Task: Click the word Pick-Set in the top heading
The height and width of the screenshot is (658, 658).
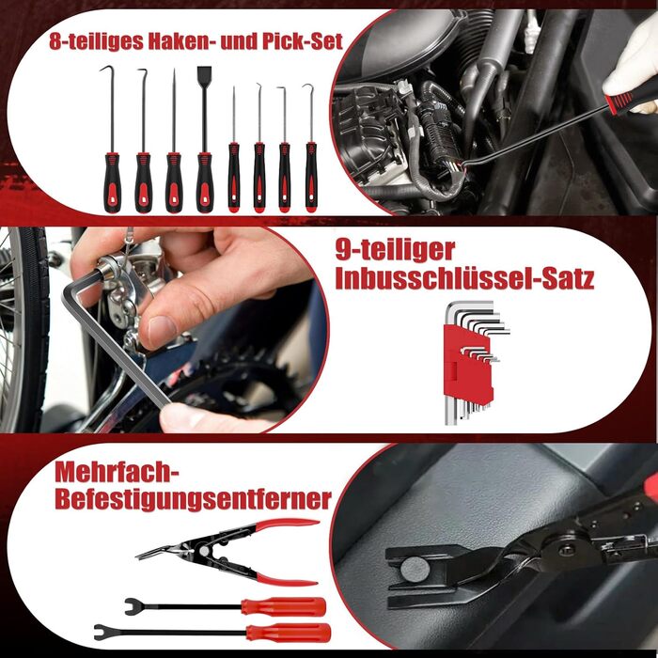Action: point(302,41)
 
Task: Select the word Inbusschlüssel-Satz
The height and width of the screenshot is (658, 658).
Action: point(464,278)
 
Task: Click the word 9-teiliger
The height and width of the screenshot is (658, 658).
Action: point(395,251)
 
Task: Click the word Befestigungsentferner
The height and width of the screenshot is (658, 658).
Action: point(193,499)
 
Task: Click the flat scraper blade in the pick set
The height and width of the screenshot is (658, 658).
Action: point(204,77)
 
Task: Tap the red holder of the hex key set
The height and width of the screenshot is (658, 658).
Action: point(468,365)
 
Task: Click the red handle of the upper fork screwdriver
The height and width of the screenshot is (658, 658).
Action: point(284,607)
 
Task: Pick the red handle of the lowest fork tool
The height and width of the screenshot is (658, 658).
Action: point(289,633)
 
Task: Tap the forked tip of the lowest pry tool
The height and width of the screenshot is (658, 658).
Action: point(102,633)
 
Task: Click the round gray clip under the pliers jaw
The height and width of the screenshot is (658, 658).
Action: point(415,570)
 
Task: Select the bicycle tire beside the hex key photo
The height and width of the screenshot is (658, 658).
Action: point(25,329)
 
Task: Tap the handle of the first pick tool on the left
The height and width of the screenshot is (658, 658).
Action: point(112,182)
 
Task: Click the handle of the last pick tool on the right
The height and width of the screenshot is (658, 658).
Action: point(311,177)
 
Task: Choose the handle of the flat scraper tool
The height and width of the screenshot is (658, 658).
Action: point(205,182)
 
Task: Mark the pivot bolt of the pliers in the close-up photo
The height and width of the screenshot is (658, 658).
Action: point(567,549)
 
